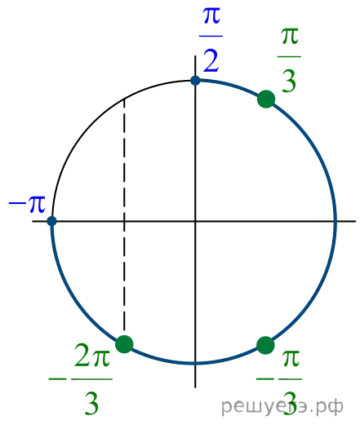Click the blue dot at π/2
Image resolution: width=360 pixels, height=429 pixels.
tap(195, 81)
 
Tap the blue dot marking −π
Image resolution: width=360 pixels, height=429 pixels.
tap(51, 221)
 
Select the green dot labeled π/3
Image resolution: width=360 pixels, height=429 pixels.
tap(266, 99)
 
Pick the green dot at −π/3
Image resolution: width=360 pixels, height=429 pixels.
tap(265, 345)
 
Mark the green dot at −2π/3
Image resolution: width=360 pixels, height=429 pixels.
tap(124, 344)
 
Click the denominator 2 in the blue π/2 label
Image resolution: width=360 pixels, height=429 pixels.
tap(211, 60)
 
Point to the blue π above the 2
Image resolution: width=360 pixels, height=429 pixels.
tap(211, 15)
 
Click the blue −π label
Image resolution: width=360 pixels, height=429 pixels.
tap(27, 204)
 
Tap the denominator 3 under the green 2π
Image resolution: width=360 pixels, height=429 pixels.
tap(91, 403)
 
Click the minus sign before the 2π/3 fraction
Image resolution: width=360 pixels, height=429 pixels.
tap(57, 379)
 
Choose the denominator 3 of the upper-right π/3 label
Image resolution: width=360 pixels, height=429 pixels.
tap(289, 81)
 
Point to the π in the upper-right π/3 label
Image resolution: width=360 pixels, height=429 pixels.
tap(290, 37)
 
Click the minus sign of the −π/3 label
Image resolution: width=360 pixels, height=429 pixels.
tap(265, 379)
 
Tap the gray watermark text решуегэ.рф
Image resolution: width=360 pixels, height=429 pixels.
tap(282, 407)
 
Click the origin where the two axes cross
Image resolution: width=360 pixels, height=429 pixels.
tap(195, 221)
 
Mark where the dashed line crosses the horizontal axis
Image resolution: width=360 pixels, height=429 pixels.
tap(124, 221)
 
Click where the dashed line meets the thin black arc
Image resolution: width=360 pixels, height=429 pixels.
tap(124, 99)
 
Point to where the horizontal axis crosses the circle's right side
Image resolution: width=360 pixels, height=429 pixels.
tap(336, 221)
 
